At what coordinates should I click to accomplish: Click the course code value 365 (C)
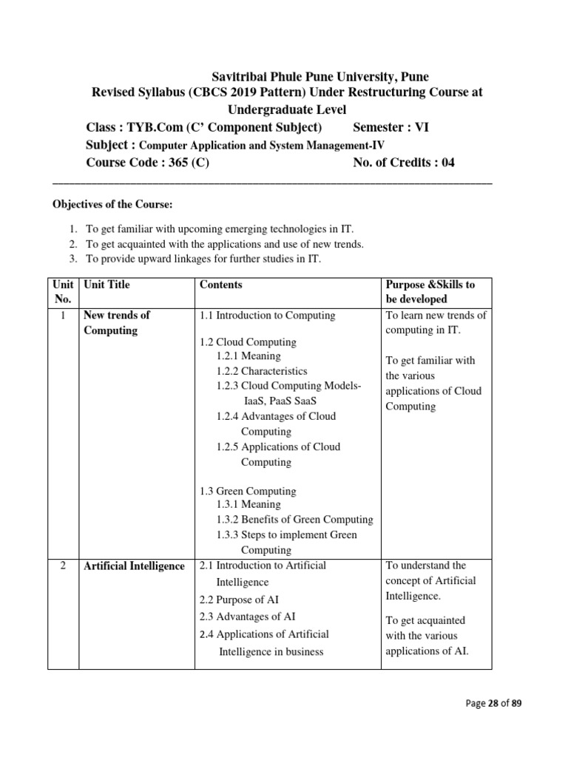(x=189, y=163)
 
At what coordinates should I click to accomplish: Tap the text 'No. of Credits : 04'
(x=404, y=163)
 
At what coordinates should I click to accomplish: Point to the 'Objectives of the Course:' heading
(x=111, y=204)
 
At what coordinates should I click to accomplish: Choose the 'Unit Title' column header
(x=106, y=285)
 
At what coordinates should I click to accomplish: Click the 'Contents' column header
(x=220, y=285)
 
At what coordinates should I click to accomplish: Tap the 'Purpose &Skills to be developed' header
(x=430, y=292)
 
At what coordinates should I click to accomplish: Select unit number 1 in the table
(x=64, y=316)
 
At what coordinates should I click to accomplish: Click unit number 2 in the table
(x=64, y=566)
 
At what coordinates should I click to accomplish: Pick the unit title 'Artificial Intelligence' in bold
(x=134, y=566)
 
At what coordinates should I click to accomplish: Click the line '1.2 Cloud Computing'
(x=248, y=342)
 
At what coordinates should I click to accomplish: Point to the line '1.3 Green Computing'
(x=248, y=491)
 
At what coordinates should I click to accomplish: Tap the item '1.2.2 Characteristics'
(x=262, y=371)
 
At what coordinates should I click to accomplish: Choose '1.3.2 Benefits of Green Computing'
(x=294, y=520)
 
